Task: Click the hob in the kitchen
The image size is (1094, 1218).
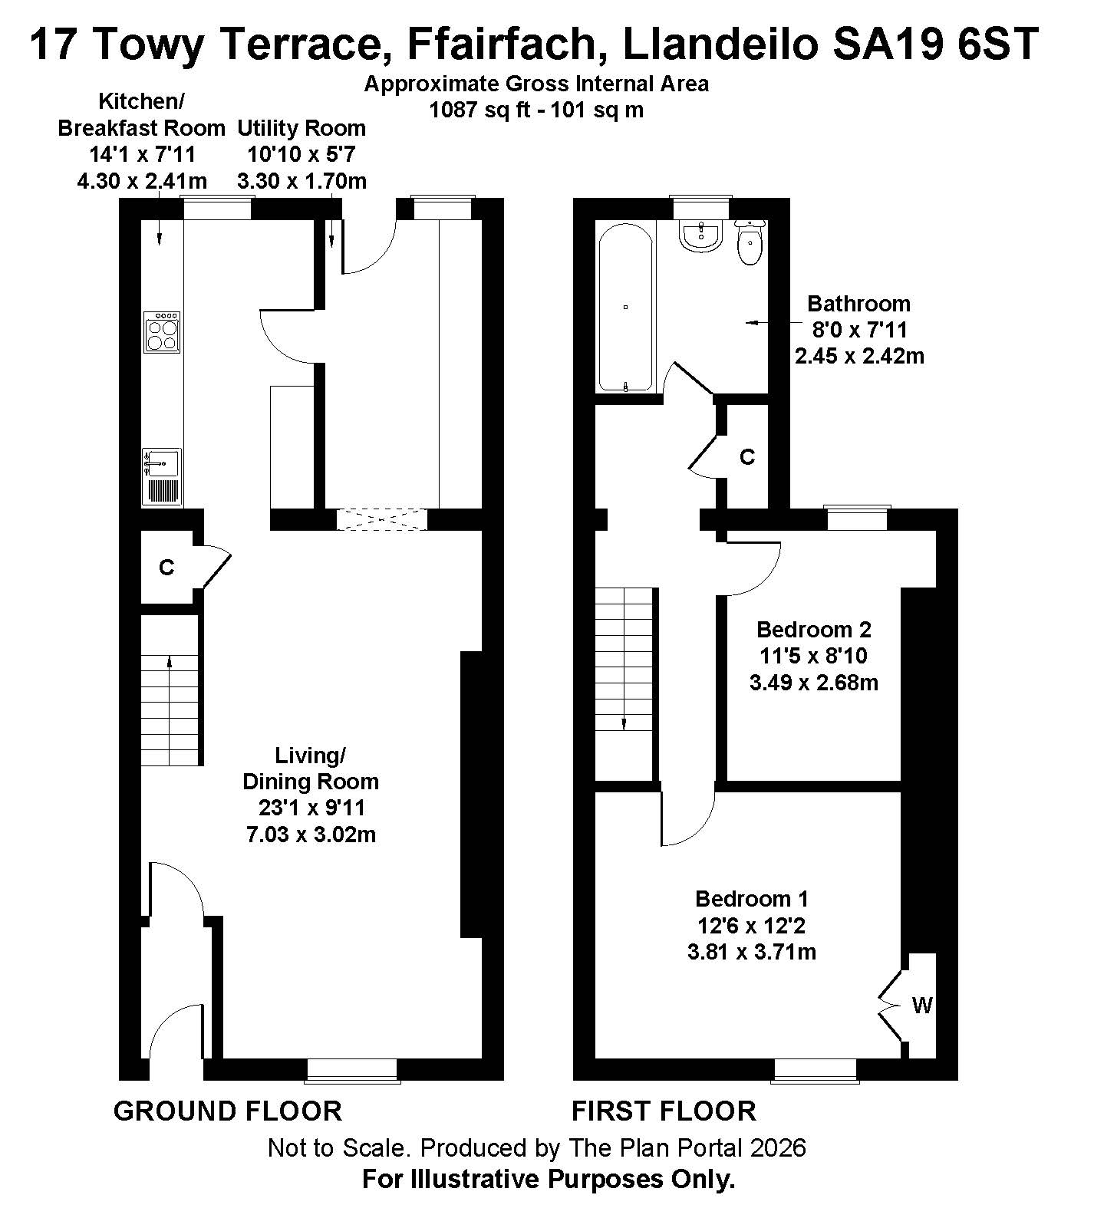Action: point(162,331)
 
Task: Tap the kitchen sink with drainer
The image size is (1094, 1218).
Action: point(161,477)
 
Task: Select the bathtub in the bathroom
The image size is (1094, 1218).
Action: point(625,306)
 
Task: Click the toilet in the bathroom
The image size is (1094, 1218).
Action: point(750,241)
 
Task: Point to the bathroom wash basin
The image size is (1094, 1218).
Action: point(700,235)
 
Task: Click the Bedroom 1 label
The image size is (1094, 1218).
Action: point(752,898)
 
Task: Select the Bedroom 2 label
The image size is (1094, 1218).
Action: point(814,630)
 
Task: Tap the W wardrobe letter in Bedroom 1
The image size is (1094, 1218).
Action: point(922,1005)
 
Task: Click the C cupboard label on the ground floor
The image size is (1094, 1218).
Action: point(166,568)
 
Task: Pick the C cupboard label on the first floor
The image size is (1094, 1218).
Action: point(747,457)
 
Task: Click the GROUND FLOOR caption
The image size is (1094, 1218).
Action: point(228,1111)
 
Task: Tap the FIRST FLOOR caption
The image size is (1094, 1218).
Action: point(664,1111)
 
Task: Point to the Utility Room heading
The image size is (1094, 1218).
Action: point(302,127)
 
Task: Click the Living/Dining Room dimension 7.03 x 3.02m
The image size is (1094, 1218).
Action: point(311,834)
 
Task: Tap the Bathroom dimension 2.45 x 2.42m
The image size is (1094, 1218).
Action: point(859,356)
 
